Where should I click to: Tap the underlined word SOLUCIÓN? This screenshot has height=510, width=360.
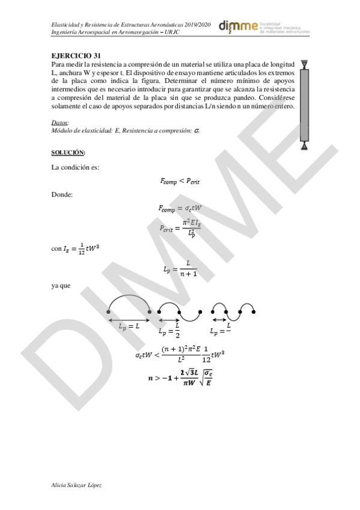point(68,152)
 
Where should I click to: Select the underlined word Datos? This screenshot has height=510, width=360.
point(60,123)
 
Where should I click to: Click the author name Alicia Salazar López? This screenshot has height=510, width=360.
point(76,484)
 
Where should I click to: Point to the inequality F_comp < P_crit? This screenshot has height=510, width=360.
point(180,180)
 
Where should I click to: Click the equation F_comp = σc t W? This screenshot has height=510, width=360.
point(180,208)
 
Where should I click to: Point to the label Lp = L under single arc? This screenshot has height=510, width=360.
point(129,325)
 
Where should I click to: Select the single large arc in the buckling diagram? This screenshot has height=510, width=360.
point(129,301)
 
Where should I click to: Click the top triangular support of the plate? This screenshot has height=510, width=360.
point(305,64)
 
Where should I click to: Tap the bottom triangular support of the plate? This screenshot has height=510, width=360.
point(305,144)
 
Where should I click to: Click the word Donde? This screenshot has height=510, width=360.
point(63,194)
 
